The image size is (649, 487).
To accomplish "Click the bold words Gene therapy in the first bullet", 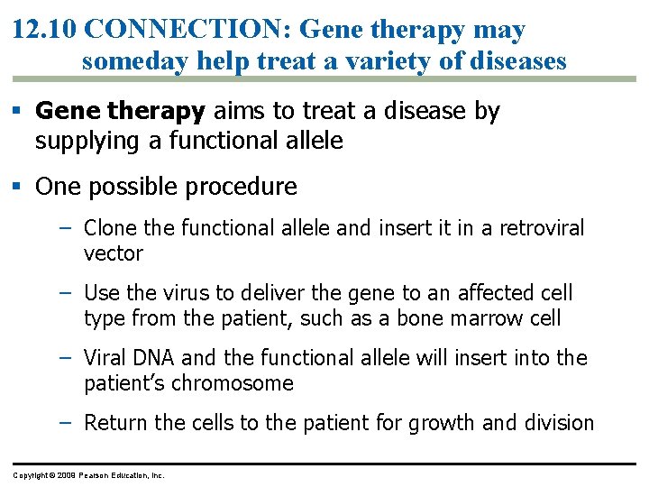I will pos(121,112).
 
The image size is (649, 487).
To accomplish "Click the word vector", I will pos(113,253).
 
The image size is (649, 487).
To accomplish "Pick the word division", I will pos(560,423).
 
